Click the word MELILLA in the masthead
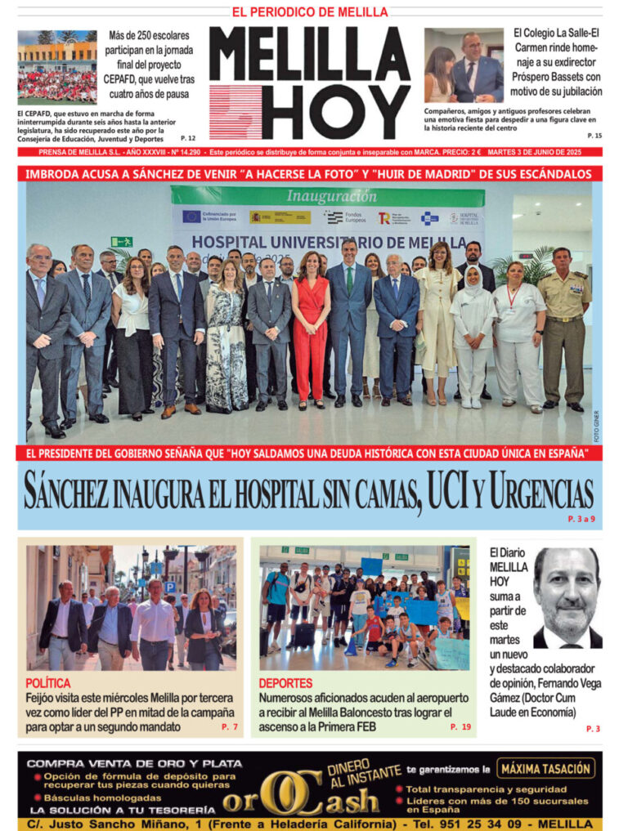click(x=309, y=55)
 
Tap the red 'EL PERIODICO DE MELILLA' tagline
click(x=310, y=12)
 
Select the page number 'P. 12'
click(x=188, y=138)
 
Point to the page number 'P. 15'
click(x=594, y=135)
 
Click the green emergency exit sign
click(x=122, y=242)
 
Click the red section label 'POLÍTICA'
click(x=48, y=682)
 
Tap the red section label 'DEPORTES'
click(x=285, y=682)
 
